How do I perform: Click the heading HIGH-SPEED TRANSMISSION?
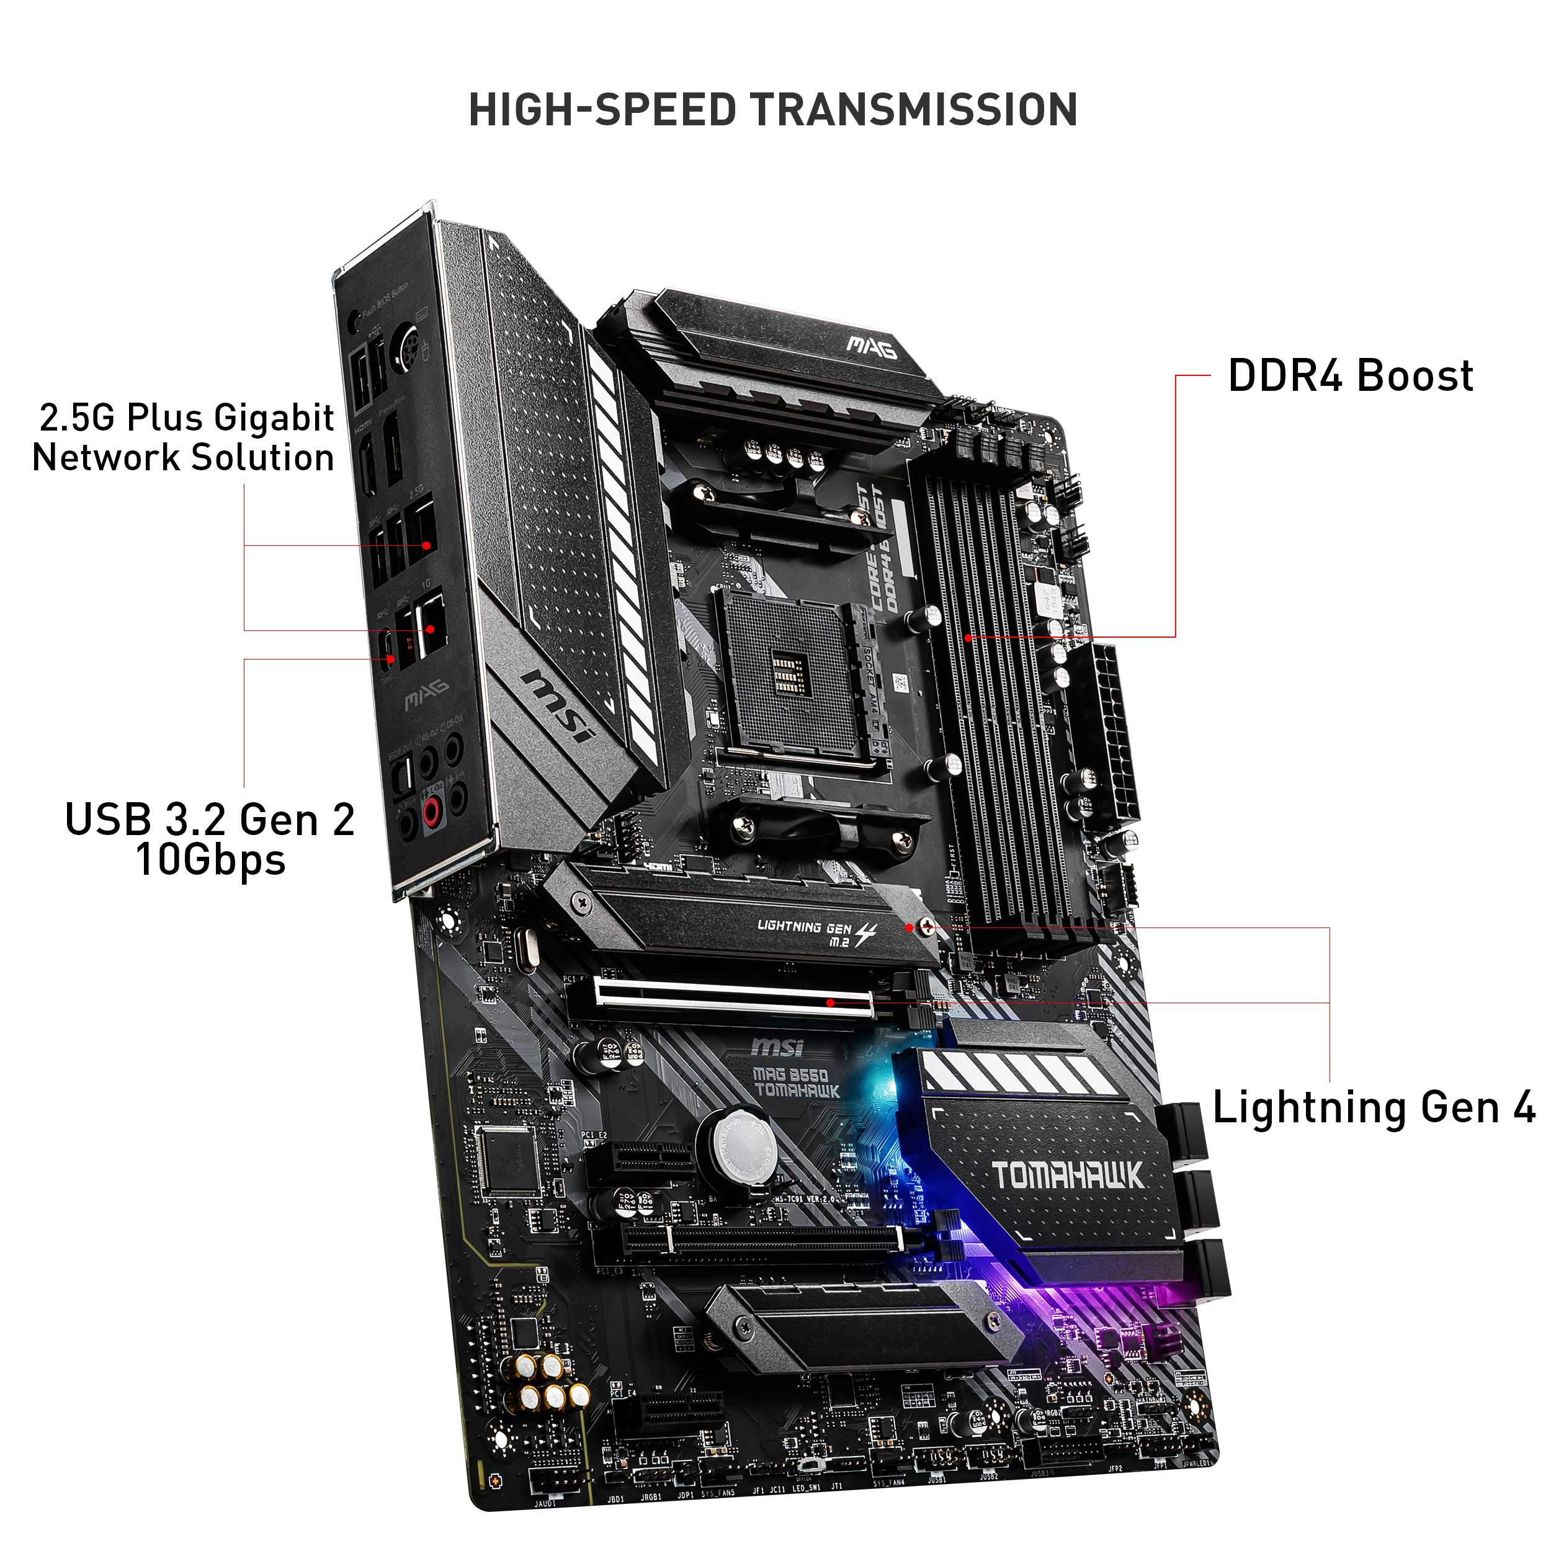[x=772, y=110]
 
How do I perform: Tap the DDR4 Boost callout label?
[x=1351, y=376]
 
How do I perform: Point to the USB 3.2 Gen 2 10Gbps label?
[x=210, y=839]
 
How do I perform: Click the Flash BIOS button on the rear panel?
[x=352, y=323]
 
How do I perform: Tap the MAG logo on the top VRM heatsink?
[x=871, y=347]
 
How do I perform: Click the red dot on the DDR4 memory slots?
[x=969, y=638]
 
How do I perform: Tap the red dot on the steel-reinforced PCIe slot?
[x=831, y=1002]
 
